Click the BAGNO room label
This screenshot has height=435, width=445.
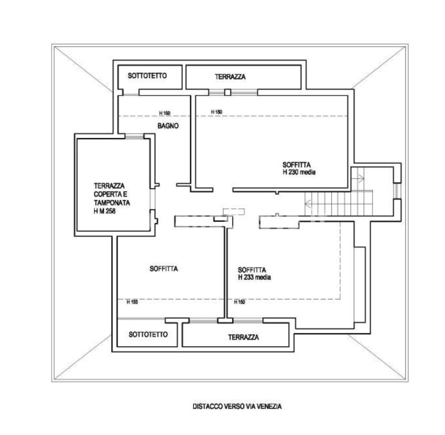point(168,126)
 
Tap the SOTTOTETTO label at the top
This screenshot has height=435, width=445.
point(147,76)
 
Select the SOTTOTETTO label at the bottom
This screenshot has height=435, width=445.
point(148,334)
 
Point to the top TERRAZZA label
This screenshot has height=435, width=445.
point(230,77)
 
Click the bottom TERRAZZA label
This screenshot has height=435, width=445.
point(243,337)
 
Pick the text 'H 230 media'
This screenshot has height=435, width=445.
point(299,172)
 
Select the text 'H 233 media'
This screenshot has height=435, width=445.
point(254,277)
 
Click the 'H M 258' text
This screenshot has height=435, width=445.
point(104,211)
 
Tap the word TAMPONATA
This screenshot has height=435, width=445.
point(112,203)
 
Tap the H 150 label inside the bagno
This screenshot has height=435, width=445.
point(165,113)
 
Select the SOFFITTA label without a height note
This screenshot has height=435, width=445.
point(164,269)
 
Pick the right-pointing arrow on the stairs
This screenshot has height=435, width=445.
point(360,179)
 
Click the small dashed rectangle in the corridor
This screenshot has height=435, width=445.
point(233,212)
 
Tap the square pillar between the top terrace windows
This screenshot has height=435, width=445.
point(228,92)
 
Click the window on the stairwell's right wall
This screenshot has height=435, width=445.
point(397,191)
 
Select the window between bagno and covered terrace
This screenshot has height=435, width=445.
point(135,136)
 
